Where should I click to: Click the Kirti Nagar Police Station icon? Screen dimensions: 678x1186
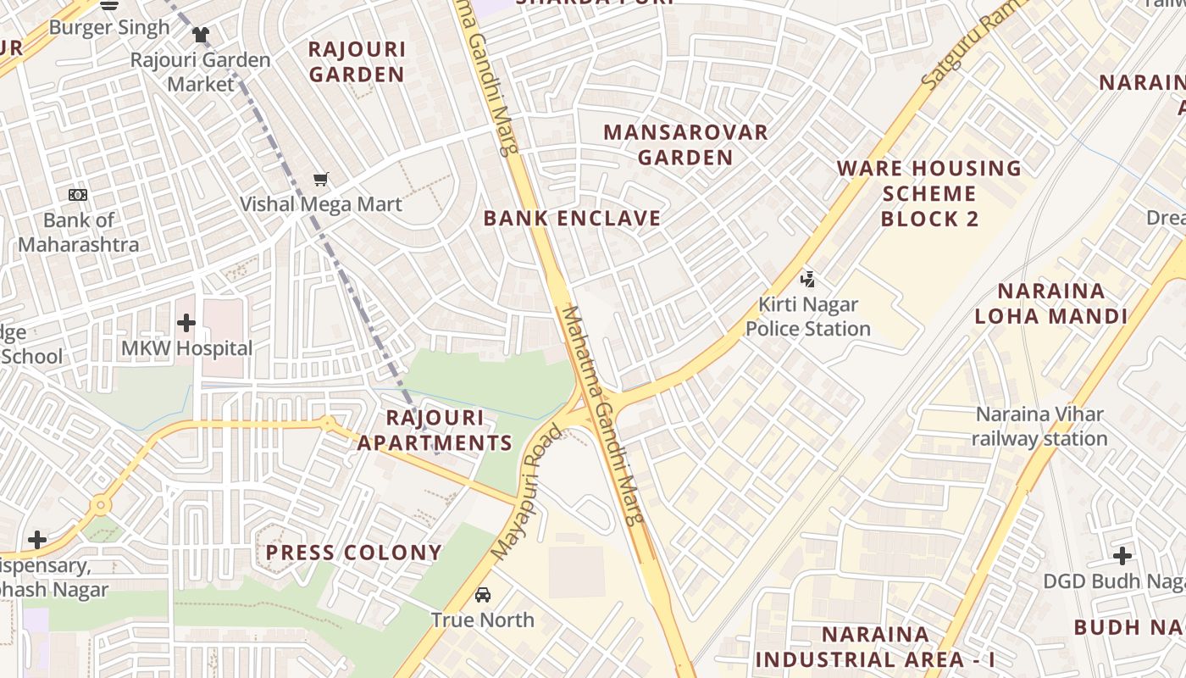[807, 279]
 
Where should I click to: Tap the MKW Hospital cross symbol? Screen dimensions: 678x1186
[186, 323]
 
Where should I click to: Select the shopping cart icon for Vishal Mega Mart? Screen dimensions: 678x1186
[320, 179]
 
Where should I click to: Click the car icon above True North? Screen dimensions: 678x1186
[483, 595]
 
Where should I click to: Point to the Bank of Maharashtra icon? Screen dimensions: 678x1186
[78, 195]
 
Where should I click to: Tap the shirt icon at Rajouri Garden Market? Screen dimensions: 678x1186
[200, 35]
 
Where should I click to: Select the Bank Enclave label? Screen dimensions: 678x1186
[572, 219]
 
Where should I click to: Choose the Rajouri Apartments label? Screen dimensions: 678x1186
[435, 431]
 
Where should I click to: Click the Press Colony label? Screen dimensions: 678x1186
[354, 553]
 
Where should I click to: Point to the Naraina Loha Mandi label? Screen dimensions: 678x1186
[1050, 304]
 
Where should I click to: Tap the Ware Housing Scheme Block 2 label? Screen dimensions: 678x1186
[929, 193]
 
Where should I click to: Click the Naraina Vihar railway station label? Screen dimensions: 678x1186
[1039, 426]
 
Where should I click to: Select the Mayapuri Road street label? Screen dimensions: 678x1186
[527, 492]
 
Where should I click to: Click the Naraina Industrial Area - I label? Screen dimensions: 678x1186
[875, 647]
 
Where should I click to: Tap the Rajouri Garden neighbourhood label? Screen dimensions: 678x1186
[357, 62]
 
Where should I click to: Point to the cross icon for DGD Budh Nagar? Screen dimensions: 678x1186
[1122, 556]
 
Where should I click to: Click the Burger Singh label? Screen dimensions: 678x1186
[109, 27]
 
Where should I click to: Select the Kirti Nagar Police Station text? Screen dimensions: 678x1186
[807, 316]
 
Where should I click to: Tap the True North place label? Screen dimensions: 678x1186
[483, 620]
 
